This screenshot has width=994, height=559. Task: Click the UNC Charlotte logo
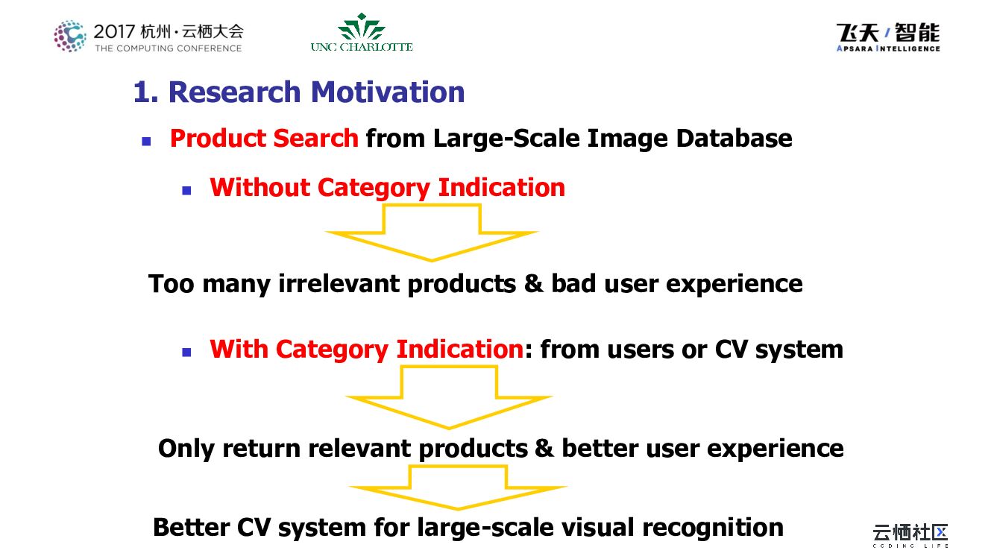point(362,32)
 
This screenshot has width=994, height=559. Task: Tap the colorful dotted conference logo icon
point(69,36)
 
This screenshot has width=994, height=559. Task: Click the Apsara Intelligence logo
point(888,37)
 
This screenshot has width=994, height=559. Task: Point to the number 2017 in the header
point(114,31)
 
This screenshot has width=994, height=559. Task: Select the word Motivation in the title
point(388,92)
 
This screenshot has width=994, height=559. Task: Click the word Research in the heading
point(235,92)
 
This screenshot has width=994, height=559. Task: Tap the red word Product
point(218,138)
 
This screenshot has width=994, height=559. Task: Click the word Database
point(734,138)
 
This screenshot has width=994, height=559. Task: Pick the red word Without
point(259,187)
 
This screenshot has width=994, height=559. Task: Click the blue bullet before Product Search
point(146,142)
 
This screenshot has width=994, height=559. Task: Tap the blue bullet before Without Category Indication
point(186,191)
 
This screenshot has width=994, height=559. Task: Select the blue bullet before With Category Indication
point(186,353)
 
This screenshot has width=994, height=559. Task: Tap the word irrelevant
point(339,283)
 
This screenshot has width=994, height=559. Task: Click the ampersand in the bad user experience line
point(533,283)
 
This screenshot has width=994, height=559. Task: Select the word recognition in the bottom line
point(713,528)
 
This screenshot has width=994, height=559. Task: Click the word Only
point(186,449)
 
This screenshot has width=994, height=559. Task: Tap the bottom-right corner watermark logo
point(910,535)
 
